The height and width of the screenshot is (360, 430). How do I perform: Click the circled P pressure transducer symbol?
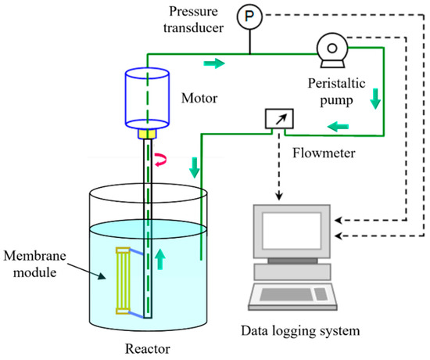click(249, 16)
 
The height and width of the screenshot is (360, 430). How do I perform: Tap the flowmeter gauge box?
click(277, 120)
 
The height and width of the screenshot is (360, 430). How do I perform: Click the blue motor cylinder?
click(148, 99)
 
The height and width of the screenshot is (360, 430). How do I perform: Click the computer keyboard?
click(285, 300)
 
